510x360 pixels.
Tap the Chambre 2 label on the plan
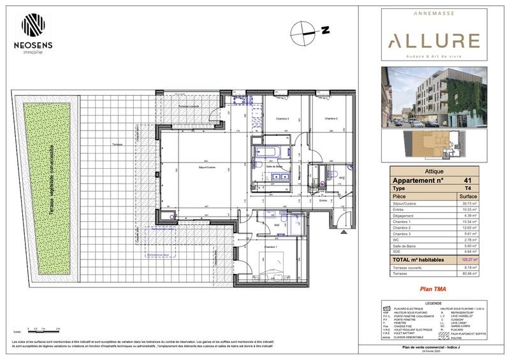[330, 119]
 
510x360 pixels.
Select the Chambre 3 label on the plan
[282, 119]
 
